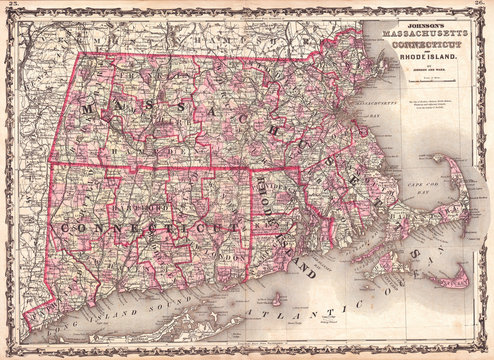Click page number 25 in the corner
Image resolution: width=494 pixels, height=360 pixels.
(13, 7)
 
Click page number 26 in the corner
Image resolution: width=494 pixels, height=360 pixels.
(481, 7)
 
